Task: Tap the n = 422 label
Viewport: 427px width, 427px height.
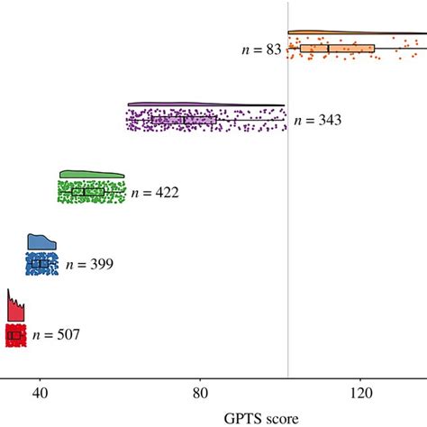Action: coord(155,192)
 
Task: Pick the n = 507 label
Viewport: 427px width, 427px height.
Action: coord(56,335)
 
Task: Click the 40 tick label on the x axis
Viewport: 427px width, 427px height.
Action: coord(40,394)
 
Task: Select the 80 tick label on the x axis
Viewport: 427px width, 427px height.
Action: coord(200,394)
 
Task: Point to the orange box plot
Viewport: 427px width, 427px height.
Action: coord(336,49)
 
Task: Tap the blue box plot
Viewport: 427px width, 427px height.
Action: coord(39,264)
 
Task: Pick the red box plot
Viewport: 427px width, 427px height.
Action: coord(14,335)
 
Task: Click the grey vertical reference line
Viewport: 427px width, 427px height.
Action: coord(288,225)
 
